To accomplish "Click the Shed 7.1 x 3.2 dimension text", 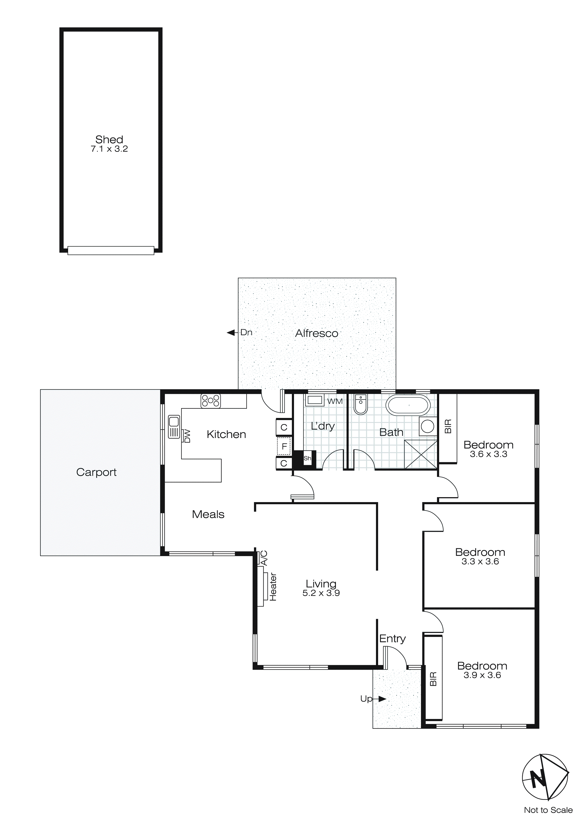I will (x=109, y=149).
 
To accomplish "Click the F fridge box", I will (x=284, y=447).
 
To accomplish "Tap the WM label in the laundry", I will (x=335, y=401).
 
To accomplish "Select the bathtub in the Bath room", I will (x=408, y=405).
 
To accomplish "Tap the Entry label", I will (x=392, y=639).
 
